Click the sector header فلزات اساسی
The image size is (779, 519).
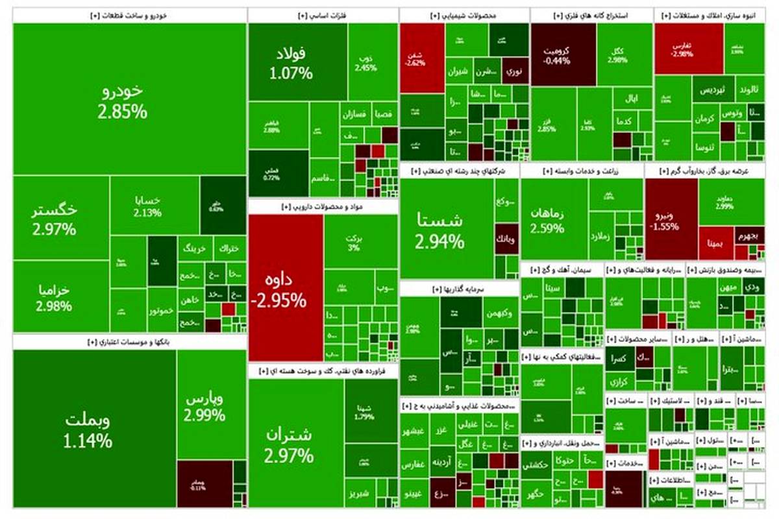click(323, 15)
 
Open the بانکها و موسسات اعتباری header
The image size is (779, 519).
click(129, 341)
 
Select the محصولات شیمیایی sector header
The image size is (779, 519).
click(464, 15)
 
